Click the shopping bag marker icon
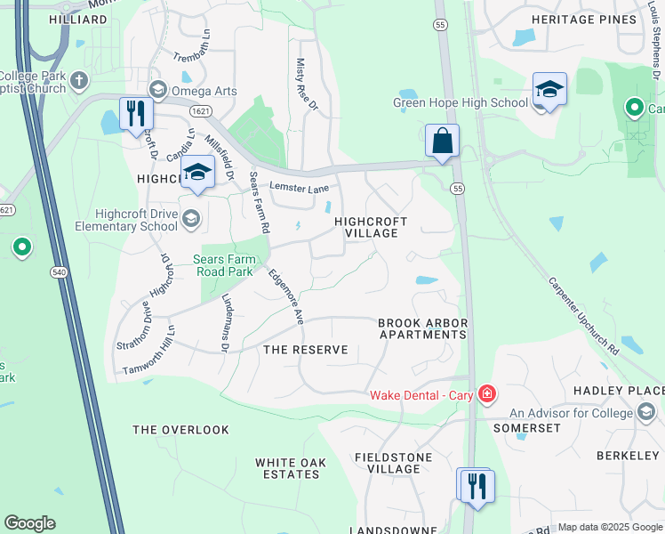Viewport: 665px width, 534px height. point(442,141)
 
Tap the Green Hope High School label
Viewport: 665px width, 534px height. point(461,102)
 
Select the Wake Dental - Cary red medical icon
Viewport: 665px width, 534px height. point(486,393)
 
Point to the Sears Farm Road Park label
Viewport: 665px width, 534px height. point(225,264)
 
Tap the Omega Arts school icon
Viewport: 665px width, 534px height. point(158,88)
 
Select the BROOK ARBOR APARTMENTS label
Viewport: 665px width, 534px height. point(422,328)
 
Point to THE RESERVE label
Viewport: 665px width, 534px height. point(306,350)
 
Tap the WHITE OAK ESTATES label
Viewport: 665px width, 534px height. point(287,468)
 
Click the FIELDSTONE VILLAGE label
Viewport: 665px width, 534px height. point(393,463)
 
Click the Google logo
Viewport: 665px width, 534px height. point(29,523)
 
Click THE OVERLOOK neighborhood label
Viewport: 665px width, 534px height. point(180,430)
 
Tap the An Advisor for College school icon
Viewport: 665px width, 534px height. point(646,412)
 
